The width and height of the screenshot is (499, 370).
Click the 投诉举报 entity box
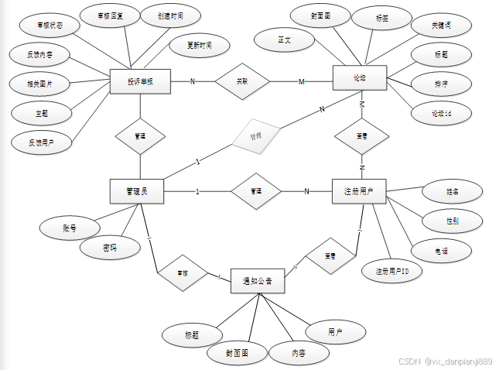tap(140, 82)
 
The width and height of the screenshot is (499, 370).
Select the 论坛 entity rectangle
tap(359, 79)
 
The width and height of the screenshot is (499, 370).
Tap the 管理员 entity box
tap(136, 191)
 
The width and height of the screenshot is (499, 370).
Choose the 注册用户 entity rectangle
tap(358, 191)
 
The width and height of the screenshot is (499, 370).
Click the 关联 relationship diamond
tap(242, 81)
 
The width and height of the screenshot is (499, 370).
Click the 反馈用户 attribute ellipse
tap(41, 142)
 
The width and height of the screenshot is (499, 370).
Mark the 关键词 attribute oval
tap(430, 26)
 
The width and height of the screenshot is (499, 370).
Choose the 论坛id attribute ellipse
tap(441, 114)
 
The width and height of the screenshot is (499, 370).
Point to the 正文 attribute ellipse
tap(284, 40)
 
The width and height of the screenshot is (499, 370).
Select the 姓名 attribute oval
tap(453, 190)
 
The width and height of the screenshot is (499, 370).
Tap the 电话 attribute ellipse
tap(441, 250)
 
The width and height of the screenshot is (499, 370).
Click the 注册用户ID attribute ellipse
tap(392, 271)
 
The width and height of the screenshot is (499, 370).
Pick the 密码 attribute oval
tap(111, 248)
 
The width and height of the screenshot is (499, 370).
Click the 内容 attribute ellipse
tap(299, 352)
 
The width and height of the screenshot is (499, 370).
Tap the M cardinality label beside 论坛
tap(302, 83)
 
